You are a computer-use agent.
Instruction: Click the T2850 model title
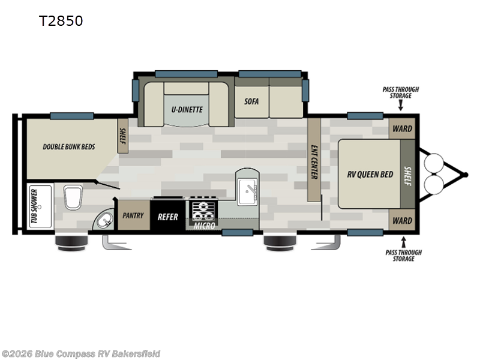tap(61, 21)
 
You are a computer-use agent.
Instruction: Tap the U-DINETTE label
tap(186, 110)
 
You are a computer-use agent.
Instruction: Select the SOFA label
tap(251, 101)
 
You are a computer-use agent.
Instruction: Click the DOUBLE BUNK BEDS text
tap(69, 146)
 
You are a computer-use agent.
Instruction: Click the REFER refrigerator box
tap(168, 216)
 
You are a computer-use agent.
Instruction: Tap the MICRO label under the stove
tap(203, 227)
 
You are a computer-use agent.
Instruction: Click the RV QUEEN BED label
tap(371, 175)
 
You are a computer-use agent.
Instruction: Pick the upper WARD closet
tap(402, 128)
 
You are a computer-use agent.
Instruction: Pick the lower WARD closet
tap(402, 221)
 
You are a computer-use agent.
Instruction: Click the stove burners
tap(204, 211)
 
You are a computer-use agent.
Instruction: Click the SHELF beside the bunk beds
tap(122, 136)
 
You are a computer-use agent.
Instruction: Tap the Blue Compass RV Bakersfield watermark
tap(80, 354)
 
